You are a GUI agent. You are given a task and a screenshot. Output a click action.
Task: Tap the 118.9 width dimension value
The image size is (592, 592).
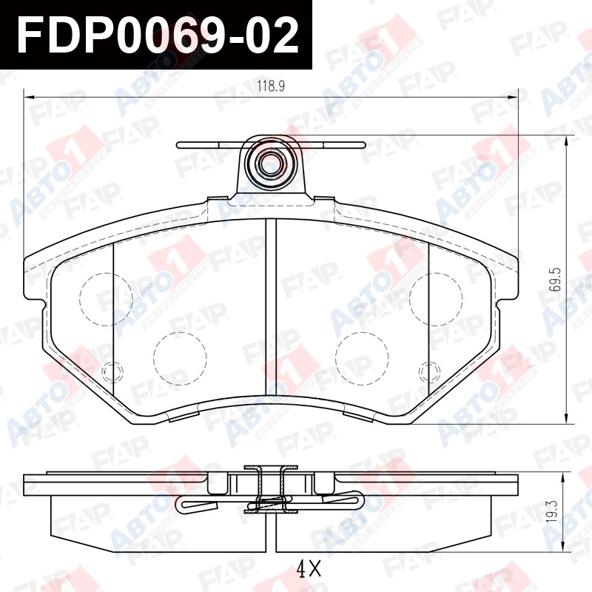pos(271,87)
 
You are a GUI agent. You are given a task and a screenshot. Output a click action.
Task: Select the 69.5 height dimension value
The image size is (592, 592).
pos(556,280)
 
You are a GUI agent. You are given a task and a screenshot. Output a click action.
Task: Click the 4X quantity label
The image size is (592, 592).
pos(309,568)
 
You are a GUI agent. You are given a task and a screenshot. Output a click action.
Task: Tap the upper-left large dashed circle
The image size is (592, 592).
pos(106,300)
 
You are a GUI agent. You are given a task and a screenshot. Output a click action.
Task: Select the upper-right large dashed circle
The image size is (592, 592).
pos(436,300)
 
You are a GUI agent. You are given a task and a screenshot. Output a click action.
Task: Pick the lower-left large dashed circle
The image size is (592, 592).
pos(180,359)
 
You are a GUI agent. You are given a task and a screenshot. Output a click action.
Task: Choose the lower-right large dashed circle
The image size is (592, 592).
pos(362,359)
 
